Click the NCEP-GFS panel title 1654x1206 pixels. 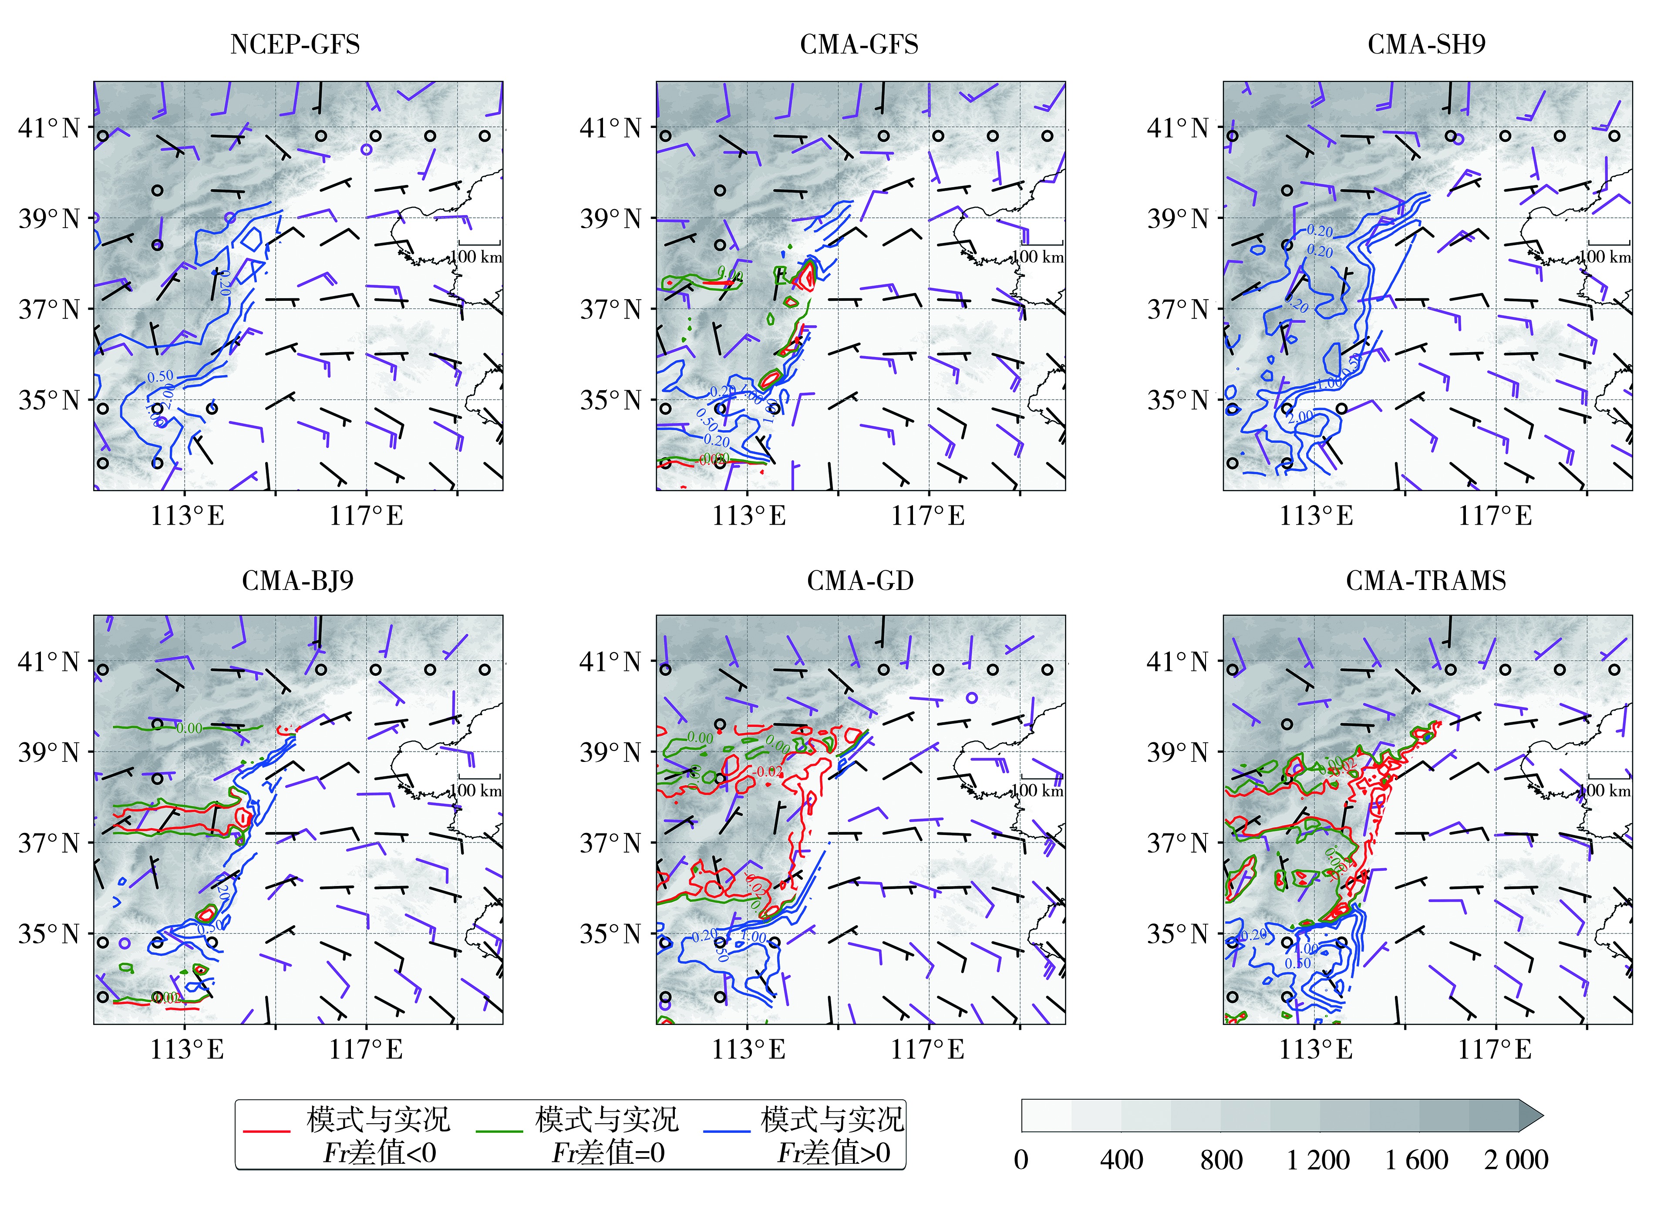(295, 44)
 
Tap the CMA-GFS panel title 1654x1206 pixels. (859, 44)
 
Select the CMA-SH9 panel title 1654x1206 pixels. (1426, 44)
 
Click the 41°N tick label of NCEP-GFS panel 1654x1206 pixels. (49, 128)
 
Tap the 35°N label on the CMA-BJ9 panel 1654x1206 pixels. (49, 934)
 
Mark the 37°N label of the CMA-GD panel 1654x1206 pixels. (611, 844)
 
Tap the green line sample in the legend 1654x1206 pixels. (499, 1131)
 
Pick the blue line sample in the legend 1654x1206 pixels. (727, 1131)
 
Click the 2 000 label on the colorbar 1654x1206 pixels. (1516, 1160)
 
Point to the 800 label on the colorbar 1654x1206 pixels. (1221, 1160)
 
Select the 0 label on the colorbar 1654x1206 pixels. (1021, 1160)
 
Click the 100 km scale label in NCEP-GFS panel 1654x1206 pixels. (476, 257)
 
